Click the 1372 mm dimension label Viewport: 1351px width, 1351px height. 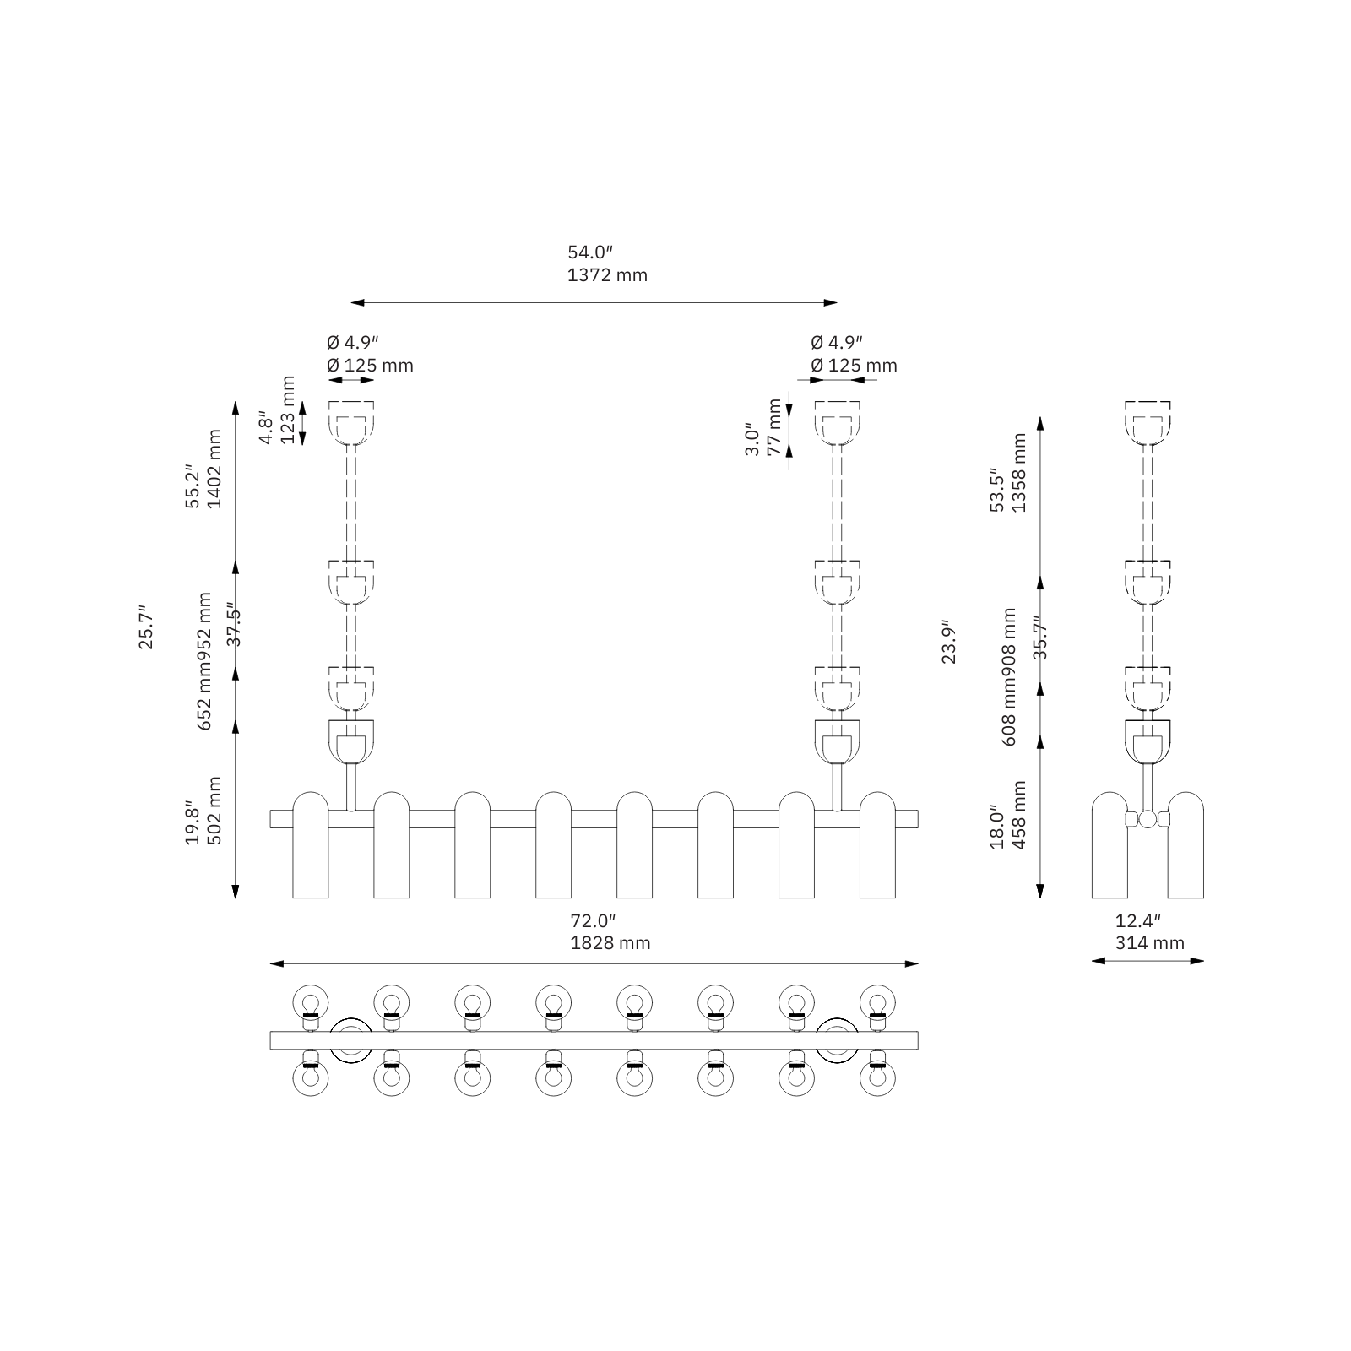click(607, 275)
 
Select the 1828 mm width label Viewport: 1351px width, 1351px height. click(610, 943)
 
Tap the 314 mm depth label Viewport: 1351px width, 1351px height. click(1149, 943)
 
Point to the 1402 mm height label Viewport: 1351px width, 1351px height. click(214, 469)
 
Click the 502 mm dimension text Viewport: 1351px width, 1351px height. click(214, 811)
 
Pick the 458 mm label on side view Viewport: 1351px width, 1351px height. click(1019, 815)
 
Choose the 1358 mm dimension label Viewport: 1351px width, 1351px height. click(1019, 473)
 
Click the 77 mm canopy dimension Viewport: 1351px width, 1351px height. click(774, 427)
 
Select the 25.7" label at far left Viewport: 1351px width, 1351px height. click(147, 627)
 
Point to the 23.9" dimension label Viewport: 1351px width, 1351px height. click(949, 643)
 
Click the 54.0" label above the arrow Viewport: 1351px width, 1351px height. click(589, 252)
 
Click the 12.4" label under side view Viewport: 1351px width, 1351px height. click(1137, 920)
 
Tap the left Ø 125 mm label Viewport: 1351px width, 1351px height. click(370, 366)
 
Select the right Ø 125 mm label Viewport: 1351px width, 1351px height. click(854, 366)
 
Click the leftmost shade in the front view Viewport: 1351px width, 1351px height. click(310, 844)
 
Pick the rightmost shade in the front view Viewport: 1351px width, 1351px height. click(877, 844)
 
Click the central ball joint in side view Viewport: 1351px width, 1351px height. click(1148, 819)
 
